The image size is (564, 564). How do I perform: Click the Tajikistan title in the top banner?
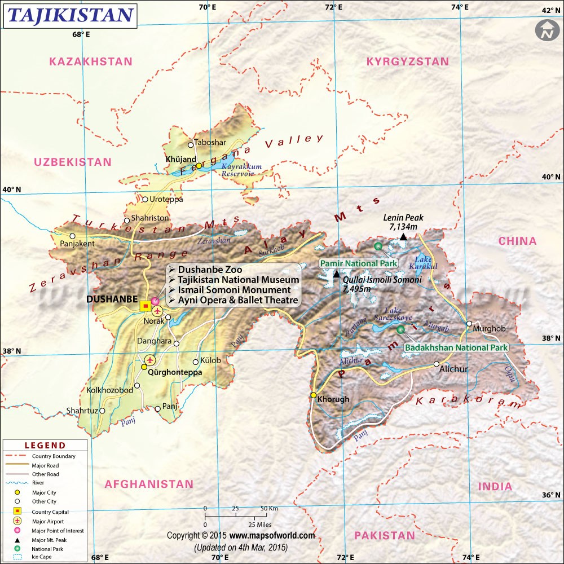click(70, 15)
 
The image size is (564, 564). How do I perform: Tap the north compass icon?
click(545, 30)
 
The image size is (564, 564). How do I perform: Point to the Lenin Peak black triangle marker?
click(403, 237)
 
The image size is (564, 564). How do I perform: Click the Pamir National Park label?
click(359, 263)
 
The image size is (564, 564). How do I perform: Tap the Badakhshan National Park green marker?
click(400, 329)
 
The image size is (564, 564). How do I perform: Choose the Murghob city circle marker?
click(469, 323)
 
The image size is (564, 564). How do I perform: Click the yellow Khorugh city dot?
click(313, 395)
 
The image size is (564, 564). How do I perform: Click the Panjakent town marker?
click(72, 236)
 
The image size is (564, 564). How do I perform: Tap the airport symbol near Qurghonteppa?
click(149, 359)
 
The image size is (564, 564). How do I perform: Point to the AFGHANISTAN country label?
click(149, 484)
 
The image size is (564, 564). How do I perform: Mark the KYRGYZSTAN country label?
click(408, 61)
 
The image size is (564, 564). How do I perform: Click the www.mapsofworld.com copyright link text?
click(272, 535)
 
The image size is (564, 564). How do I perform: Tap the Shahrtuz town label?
click(82, 411)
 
